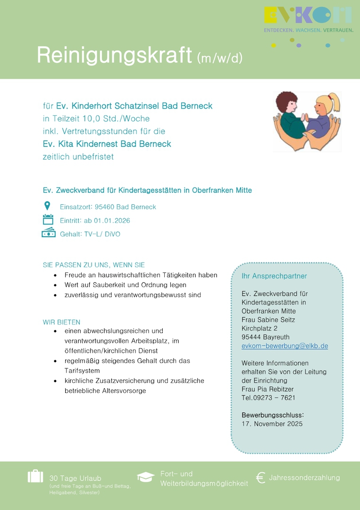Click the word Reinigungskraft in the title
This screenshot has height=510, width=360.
coord(114,56)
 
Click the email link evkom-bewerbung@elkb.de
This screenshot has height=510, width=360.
coord(285,346)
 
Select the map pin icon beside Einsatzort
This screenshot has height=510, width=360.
coord(47,206)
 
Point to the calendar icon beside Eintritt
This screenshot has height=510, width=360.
coord(48,220)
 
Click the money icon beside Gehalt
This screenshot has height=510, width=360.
coord(49,233)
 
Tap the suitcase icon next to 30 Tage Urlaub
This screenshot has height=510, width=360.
coord(35,476)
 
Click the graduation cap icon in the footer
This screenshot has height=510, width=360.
coord(145,477)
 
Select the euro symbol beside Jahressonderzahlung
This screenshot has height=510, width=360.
coord(260,478)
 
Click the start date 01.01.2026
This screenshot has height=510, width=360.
coord(112,221)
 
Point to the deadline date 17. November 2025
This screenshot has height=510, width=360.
coord(272,424)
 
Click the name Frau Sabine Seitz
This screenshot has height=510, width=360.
coord(268,320)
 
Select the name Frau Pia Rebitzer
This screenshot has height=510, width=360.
coord(268,389)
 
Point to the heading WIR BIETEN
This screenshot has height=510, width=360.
coord(62,322)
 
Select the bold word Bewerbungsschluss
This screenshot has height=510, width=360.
coord(272,415)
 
